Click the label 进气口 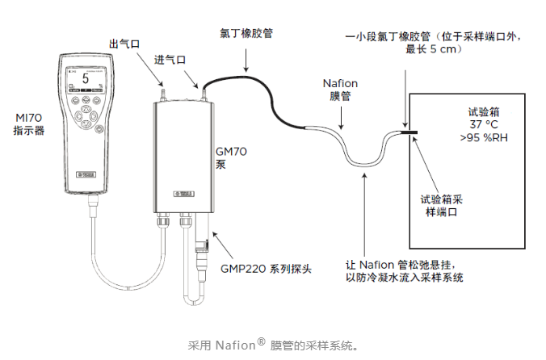click(170, 60)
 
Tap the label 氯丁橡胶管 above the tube click(246, 34)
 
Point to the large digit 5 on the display click(84, 80)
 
